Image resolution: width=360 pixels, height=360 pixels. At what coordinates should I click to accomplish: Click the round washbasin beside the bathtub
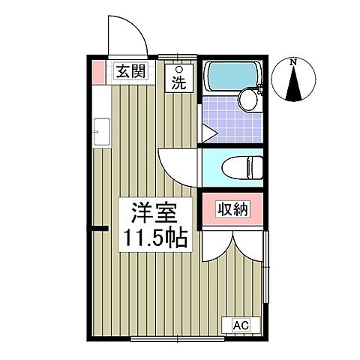pos(248,100)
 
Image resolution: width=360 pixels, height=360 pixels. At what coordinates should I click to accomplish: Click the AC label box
pos(241,324)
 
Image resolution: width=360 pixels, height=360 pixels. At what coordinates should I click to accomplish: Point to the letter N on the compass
pos(294,61)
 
